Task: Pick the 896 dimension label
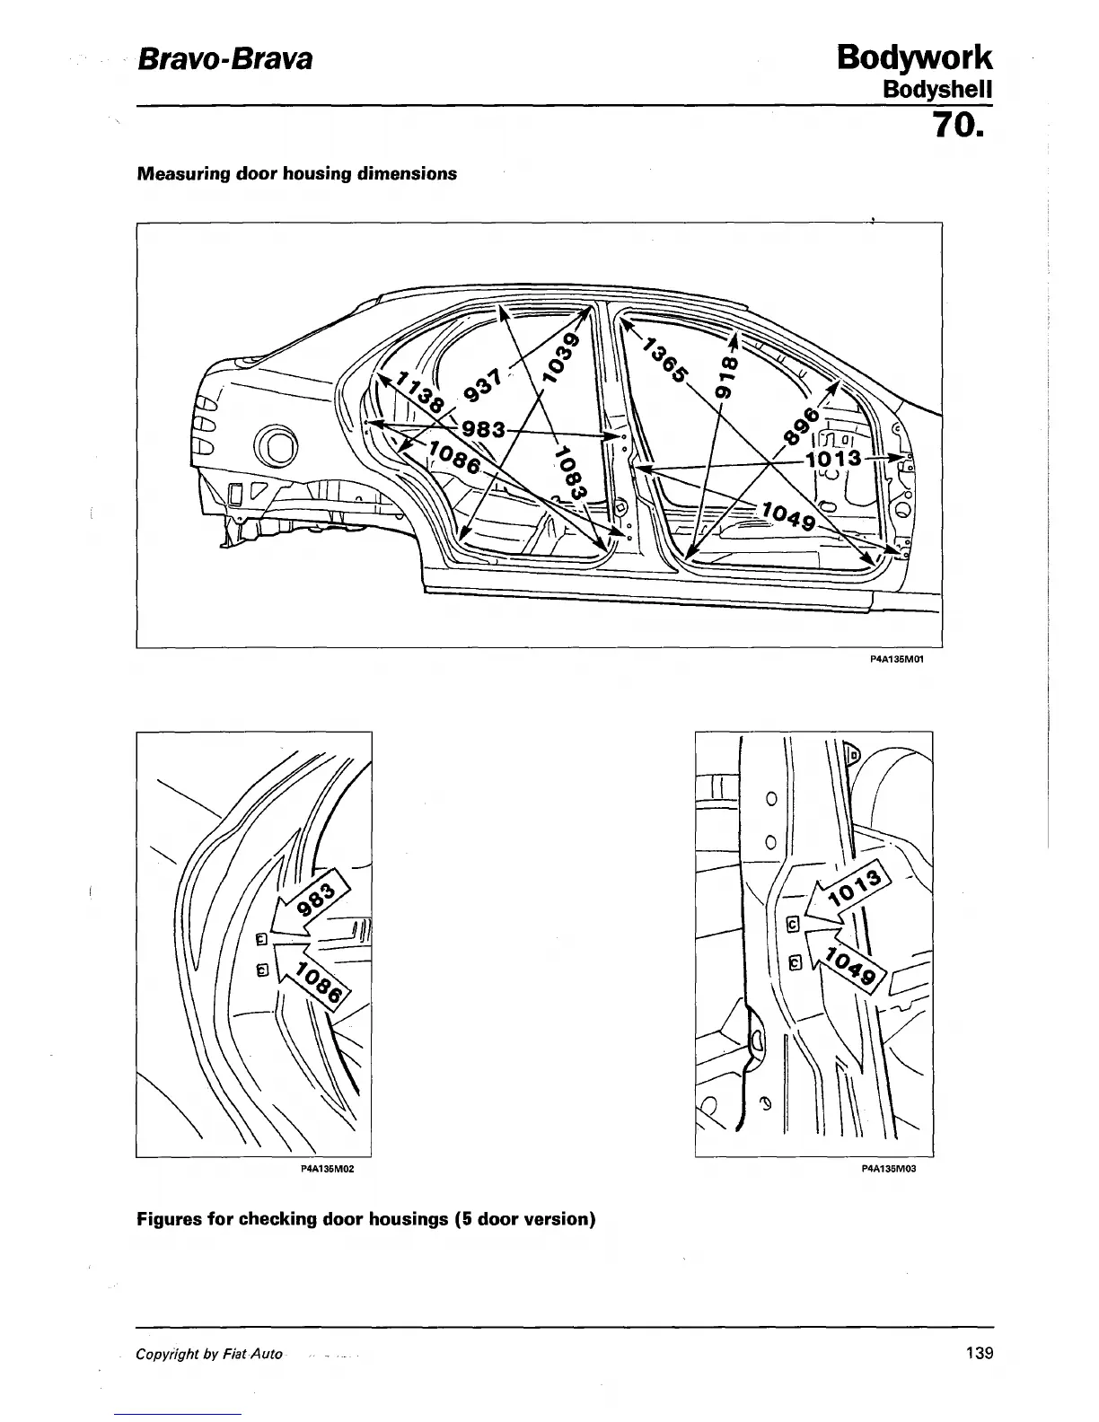coord(802,425)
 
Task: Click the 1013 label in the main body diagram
coord(834,460)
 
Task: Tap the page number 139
coord(978,1354)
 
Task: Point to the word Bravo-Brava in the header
coord(224,60)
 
